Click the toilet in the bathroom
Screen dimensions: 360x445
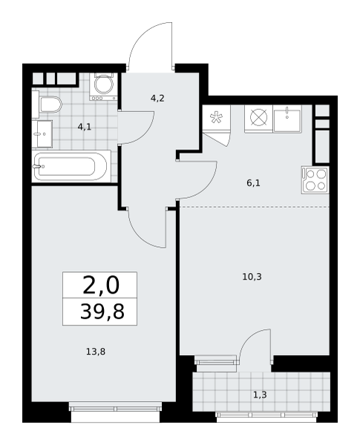point(50,105)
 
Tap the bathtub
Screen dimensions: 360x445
point(71,167)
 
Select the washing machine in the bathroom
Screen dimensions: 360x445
point(103,87)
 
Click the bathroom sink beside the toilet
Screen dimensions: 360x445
point(42,134)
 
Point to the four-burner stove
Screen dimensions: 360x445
point(315,180)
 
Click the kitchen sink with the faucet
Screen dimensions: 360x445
point(287,119)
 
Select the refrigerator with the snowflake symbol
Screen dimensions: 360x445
point(216,117)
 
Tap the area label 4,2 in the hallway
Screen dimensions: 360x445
point(157,99)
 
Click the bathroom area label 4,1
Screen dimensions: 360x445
point(85,127)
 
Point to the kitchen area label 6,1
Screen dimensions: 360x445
point(253,183)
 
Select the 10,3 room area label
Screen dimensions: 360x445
point(252,277)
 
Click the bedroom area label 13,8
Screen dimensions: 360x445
point(96,352)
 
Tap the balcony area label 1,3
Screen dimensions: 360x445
point(260,395)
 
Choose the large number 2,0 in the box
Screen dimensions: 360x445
point(101,286)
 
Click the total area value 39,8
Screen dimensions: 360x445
point(102,311)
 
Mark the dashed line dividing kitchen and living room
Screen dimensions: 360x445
point(255,207)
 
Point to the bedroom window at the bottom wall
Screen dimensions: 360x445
point(115,409)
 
